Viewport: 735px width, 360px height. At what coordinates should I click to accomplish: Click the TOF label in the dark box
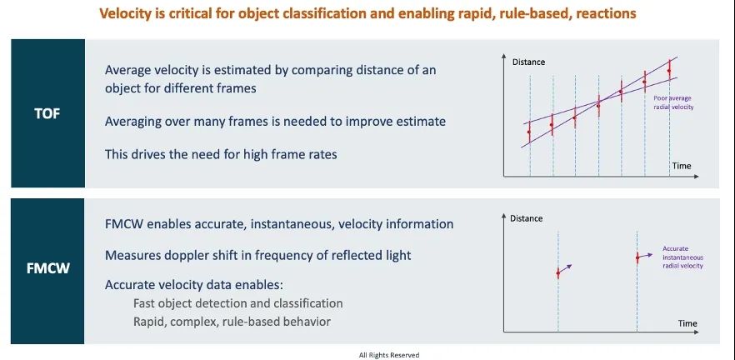pyautogui.click(x=47, y=113)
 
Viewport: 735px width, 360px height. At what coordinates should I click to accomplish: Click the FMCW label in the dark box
pyautogui.click(x=47, y=269)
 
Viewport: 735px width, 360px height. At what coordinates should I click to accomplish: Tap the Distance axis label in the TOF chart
pyautogui.click(x=528, y=62)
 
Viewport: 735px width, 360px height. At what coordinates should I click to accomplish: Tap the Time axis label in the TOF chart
pyautogui.click(x=681, y=166)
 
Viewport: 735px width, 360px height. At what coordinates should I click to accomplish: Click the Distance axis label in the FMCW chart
pyautogui.click(x=526, y=218)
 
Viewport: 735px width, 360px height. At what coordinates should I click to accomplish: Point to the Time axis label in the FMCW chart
pyautogui.click(x=687, y=323)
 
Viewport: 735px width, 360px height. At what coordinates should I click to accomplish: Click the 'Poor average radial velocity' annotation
pyautogui.click(x=673, y=102)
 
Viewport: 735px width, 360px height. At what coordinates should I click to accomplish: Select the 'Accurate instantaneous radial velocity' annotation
pyautogui.click(x=682, y=257)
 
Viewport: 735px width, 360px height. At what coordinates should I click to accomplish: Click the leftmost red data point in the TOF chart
pyautogui.click(x=529, y=132)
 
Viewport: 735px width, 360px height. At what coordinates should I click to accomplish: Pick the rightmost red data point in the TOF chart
pyautogui.click(x=669, y=71)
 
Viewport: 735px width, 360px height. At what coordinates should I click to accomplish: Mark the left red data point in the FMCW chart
pyautogui.click(x=557, y=272)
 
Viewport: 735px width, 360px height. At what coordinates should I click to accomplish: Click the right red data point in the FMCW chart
pyautogui.click(x=637, y=257)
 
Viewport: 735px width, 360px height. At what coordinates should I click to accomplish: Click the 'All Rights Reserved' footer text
pyautogui.click(x=389, y=355)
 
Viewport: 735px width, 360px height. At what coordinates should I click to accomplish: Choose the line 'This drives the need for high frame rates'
pyautogui.click(x=221, y=154)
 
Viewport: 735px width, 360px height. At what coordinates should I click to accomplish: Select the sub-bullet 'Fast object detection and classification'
pyautogui.click(x=238, y=303)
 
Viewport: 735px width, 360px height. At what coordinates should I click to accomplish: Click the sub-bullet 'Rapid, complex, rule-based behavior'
pyautogui.click(x=232, y=322)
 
